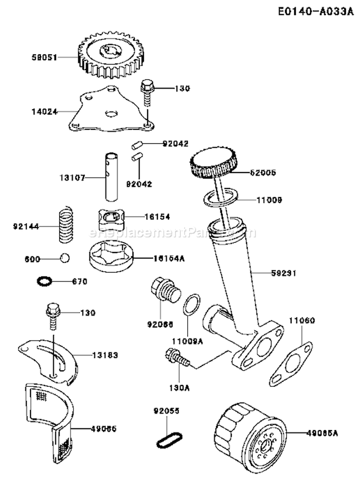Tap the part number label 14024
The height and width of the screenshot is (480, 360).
(x=47, y=111)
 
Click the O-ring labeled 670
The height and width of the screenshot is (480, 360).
(x=44, y=281)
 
